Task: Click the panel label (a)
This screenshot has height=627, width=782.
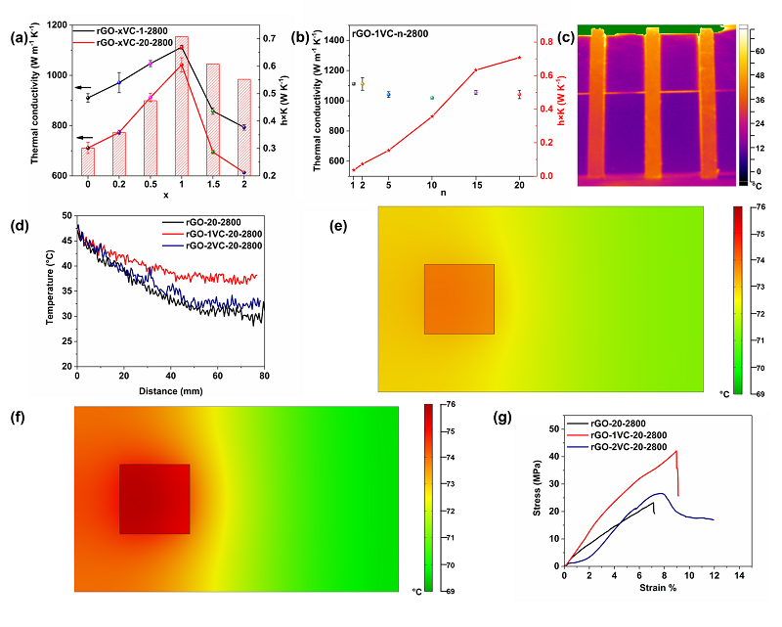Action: [x=18, y=40]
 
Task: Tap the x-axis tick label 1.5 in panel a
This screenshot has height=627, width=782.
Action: [x=212, y=184]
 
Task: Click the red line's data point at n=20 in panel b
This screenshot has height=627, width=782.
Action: [x=519, y=58]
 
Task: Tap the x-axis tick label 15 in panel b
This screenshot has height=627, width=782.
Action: [x=476, y=184]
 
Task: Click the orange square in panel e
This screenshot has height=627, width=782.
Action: [x=458, y=299]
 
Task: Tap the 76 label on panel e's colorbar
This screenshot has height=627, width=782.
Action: [x=760, y=207]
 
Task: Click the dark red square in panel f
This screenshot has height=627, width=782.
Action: [x=154, y=499]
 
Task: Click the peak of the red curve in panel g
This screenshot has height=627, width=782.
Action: [x=675, y=451]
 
